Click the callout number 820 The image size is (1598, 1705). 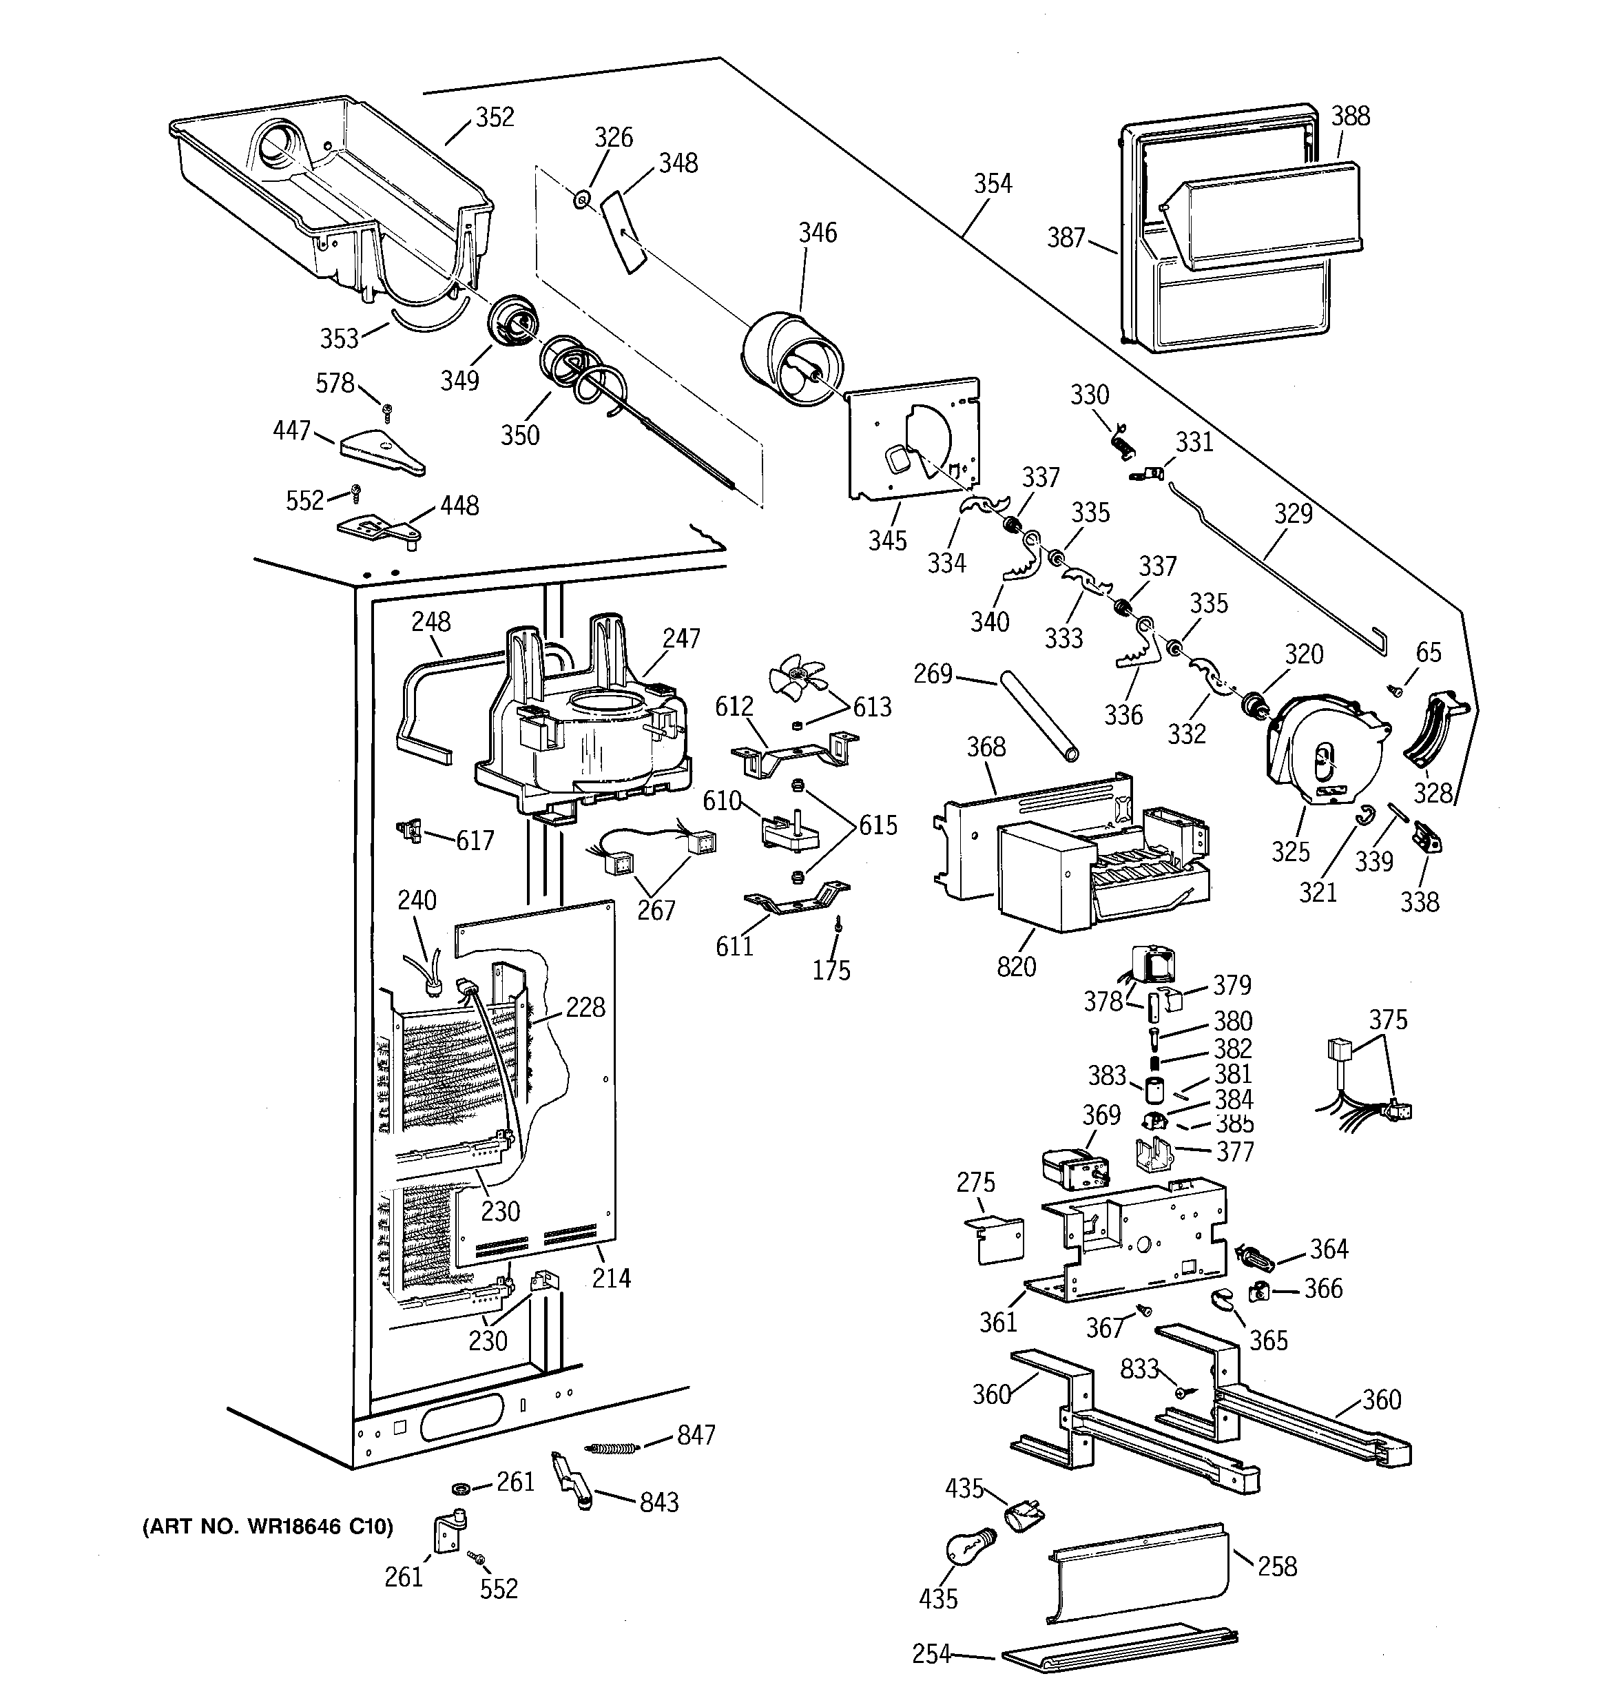pyautogui.click(x=1017, y=967)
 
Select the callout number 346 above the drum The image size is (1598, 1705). pyautogui.click(x=818, y=232)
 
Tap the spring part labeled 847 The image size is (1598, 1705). pyautogui.click(x=612, y=1448)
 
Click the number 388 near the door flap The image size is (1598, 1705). pyautogui.click(x=1350, y=116)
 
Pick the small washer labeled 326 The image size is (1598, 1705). pyautogui.click(x=581, y=200)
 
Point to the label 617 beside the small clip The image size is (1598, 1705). pyautogui.click(x=475, y=840)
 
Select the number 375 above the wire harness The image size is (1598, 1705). pyautogui.click(x=1388, y=1020)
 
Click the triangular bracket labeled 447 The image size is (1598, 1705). pyautogui.click(x=382, y=453)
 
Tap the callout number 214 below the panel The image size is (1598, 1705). pyautogui.click(x=611, y=1278)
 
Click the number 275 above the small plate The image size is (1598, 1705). pyautogui.click(x=975, y=1183)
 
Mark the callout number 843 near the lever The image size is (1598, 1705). pyautogui.click(x=658, y=1502)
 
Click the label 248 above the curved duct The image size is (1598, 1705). pyautogui.click(x=430, y=622)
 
